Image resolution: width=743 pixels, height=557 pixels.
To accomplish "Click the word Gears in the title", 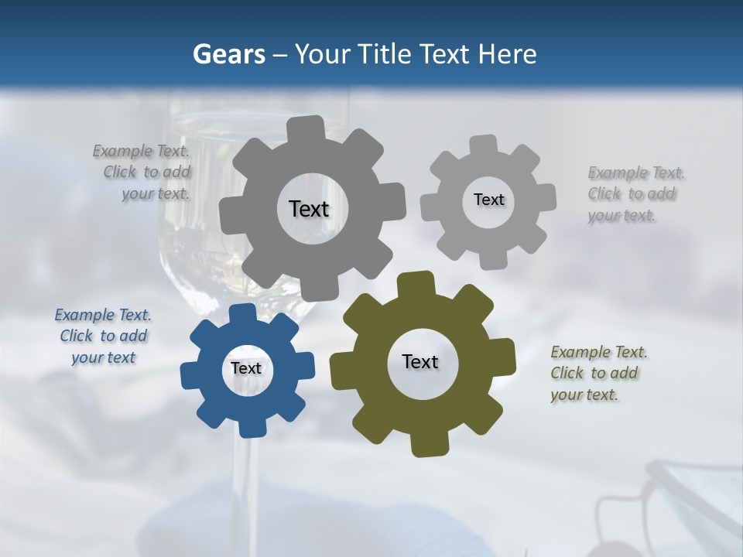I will pos(229,54).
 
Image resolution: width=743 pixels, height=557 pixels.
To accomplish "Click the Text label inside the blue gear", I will pos(246,369).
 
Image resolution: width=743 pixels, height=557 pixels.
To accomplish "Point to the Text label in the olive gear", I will pos(420,362).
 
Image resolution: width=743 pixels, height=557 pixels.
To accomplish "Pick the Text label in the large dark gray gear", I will pos(309,209).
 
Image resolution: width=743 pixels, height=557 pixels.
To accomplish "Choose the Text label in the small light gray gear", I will pos(488,200).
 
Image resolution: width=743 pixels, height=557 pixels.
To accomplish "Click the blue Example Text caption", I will pos(103,337).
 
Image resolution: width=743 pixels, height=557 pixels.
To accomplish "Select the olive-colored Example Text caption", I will pos(597,374).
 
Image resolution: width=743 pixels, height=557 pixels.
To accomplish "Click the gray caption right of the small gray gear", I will pos(634,194).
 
